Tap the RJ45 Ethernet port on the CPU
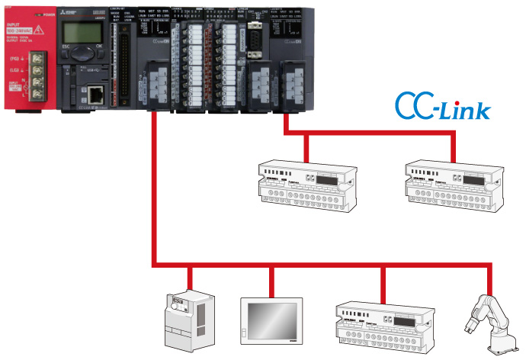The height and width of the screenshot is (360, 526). point(95,95)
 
